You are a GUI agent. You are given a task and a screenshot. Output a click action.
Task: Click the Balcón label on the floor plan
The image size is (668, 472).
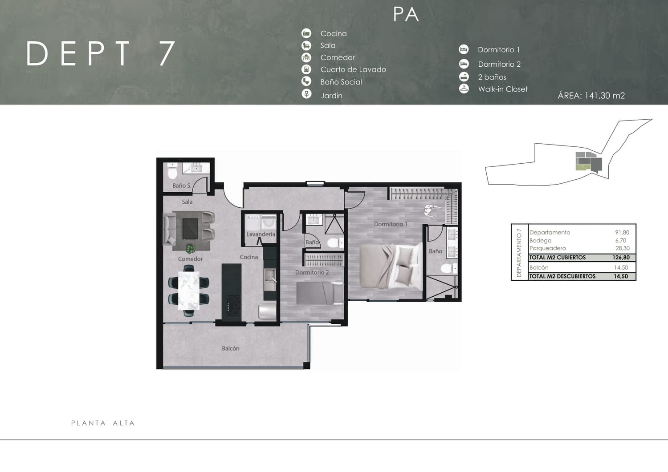231,348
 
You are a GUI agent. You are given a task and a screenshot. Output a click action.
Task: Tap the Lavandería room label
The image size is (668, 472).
261,234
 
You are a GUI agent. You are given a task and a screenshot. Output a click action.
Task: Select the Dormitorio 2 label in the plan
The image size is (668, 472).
312,272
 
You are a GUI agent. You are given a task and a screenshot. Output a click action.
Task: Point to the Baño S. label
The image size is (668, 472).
182,186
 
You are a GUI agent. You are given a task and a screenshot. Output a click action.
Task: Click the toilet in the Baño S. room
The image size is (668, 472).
172,171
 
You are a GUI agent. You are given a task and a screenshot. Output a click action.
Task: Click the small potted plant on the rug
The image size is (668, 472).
190,249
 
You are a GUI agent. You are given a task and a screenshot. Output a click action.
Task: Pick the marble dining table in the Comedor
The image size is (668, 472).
189,290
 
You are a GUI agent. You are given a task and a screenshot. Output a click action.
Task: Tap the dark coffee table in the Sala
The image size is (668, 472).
190,229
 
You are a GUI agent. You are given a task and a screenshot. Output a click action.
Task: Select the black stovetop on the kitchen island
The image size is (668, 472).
233,306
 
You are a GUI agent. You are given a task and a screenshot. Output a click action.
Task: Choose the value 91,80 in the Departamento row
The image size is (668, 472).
622,232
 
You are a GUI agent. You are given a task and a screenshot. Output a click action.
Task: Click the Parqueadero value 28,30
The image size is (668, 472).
623,248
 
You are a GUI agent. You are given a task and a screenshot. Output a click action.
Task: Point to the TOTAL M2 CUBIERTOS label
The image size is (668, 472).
558,258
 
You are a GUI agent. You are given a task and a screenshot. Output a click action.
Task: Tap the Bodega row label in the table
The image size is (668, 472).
540,241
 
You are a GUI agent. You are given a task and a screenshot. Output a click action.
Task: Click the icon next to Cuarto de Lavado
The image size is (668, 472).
306,69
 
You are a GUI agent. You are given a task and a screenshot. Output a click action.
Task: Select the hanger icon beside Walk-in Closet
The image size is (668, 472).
464,89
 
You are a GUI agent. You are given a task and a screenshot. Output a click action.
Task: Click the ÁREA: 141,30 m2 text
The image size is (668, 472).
591,96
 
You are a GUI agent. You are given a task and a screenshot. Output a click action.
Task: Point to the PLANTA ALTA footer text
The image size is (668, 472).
103,423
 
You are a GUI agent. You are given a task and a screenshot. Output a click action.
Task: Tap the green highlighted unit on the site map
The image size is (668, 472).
582,167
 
